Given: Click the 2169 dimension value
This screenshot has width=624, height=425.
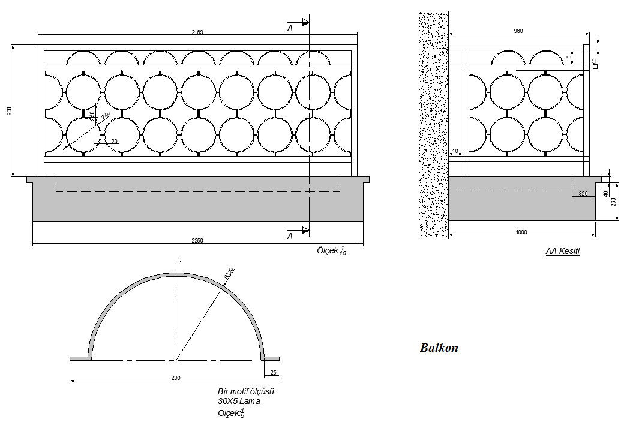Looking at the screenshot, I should coord(197,32).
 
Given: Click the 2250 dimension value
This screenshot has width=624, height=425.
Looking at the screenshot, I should coord(197,240).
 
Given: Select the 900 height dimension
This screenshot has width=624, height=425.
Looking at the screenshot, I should coord(9,112).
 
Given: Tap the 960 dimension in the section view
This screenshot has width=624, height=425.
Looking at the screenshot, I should coord(518,31).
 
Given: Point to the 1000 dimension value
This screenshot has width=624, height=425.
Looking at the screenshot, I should coord(521,232).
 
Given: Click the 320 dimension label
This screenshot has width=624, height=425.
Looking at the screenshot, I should coord(582,194).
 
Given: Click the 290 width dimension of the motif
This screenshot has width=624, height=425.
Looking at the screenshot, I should coord(176,378).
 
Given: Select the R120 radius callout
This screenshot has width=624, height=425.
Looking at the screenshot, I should coord(228,273).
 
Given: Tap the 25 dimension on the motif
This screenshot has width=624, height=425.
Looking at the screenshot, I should coord(274,373).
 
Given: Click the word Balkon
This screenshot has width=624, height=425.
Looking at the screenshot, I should coord(439,348).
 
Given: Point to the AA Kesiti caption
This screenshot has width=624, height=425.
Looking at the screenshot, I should coord(562,251).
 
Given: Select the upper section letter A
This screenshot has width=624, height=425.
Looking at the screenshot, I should coord(290,28).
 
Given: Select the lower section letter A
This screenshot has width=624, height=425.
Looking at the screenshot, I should coord(290,236).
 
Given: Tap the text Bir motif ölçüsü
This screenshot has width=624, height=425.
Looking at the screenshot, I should coord(246,391).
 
